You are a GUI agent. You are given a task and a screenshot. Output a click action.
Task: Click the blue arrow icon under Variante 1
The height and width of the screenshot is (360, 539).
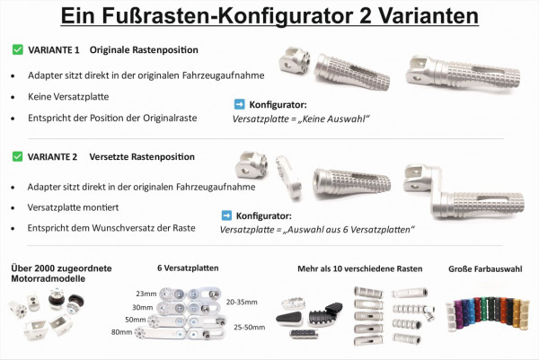point(239,104)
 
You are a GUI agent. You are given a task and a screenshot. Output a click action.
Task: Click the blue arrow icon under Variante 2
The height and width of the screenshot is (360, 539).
point(226,215)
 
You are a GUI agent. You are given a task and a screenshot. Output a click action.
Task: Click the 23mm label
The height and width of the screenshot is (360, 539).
point(146,294)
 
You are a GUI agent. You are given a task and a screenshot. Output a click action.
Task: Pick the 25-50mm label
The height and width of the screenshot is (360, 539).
point(248,328)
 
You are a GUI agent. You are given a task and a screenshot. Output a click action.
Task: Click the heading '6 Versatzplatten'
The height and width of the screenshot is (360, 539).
point(188,268)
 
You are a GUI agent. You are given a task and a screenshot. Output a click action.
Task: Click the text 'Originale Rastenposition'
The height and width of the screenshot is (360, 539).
point(145,49)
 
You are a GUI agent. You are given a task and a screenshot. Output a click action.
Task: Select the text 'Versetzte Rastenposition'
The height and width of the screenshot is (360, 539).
point(142,156)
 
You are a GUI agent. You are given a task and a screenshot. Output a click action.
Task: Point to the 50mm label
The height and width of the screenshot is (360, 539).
point(136,320)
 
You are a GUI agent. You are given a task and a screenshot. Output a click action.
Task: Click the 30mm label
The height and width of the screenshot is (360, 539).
point(142,307)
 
